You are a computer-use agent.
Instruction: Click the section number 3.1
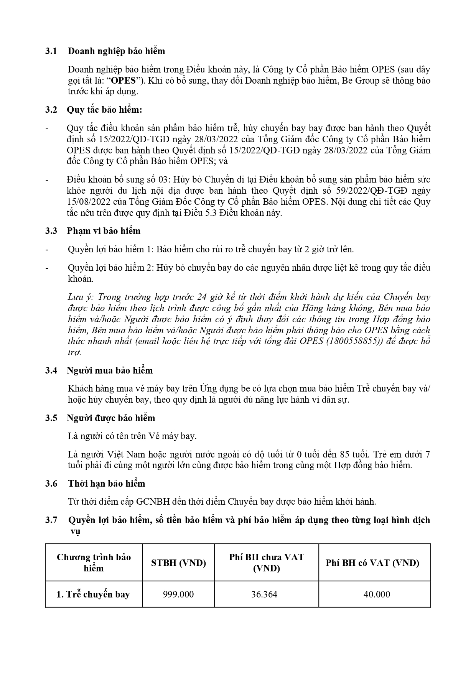pos(51,51)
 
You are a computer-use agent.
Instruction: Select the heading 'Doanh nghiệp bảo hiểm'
pos(116,51)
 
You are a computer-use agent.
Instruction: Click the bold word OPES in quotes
pos(123,81)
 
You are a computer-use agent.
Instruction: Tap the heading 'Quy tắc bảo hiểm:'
pos(105,110)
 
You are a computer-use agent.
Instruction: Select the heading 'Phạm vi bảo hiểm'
pos(104,231)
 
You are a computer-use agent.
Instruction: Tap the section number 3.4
pos(51,370)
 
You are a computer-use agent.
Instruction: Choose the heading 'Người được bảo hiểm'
pos(111,418)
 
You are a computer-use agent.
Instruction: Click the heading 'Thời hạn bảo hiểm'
pos(107,484)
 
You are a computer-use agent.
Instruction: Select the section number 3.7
pos(51,520)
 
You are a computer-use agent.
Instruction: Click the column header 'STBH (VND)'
pos(178,563)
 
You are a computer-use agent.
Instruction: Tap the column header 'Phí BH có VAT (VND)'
pos(372,563)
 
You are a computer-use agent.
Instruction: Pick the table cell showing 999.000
pos(178,594)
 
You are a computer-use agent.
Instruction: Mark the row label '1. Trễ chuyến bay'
pos(93,594)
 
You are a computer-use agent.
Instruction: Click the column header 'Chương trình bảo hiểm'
pos(94,563)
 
